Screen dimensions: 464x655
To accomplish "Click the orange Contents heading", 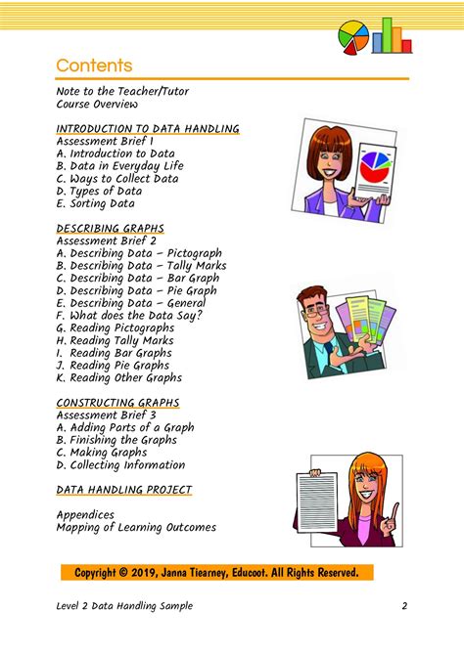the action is click(94, 65).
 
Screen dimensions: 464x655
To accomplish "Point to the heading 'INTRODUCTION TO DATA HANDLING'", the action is click(148, 128).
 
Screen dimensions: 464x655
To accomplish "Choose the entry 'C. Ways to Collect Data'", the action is click(117, 179).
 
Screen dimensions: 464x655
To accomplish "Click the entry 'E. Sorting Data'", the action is click(96, 204).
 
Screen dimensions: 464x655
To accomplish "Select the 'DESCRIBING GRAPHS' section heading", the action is click(111, 228).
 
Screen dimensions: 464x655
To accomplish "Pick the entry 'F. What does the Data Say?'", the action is click(130, 316).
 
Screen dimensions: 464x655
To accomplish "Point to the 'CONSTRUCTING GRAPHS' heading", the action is click(118, 402).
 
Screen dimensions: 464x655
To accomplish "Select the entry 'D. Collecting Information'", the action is click(120, 465).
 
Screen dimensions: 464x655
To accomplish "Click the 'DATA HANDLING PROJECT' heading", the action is click(124, 489).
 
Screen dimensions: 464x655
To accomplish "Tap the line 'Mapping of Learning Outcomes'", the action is click(136, 528).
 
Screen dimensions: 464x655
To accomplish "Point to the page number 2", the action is click(403, 606).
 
